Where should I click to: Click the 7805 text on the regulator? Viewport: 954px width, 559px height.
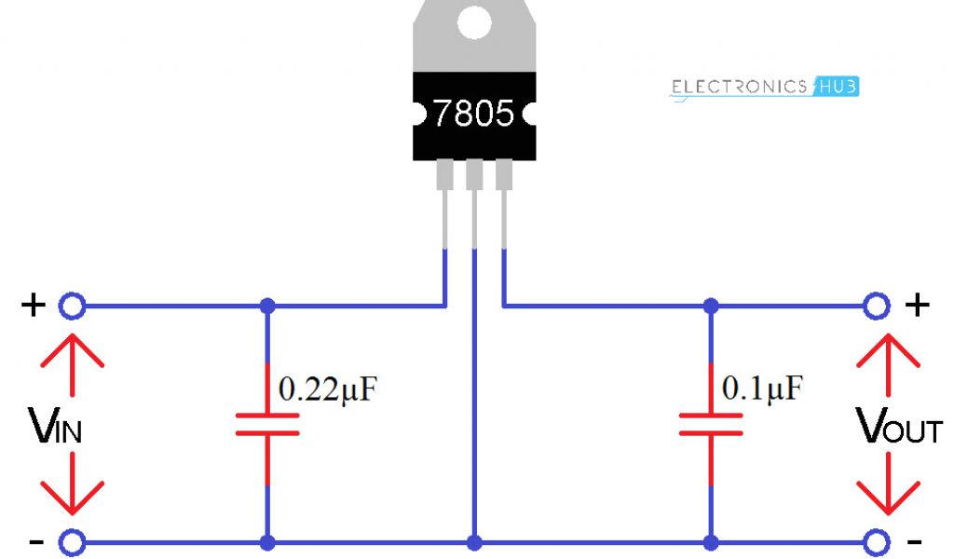tap(473, 114)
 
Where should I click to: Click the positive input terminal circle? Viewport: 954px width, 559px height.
tap(72, 306)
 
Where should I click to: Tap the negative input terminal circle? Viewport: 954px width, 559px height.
tap(72, 542)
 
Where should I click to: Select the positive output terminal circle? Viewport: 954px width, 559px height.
tap(876, 306)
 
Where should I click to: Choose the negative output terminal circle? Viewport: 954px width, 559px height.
tap(876, 542)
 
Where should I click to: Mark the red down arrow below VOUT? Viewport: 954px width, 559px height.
tap(889, 489)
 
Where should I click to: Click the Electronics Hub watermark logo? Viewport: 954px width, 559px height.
tap(764, 87)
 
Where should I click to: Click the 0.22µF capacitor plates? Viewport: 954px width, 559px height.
tap(267, 425)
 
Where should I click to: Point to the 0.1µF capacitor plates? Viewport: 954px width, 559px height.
tap(711, 425)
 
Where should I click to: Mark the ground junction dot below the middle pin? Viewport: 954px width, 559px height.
tap(474, 542)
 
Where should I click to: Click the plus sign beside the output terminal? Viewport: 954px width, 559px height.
tap(918, 305)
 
